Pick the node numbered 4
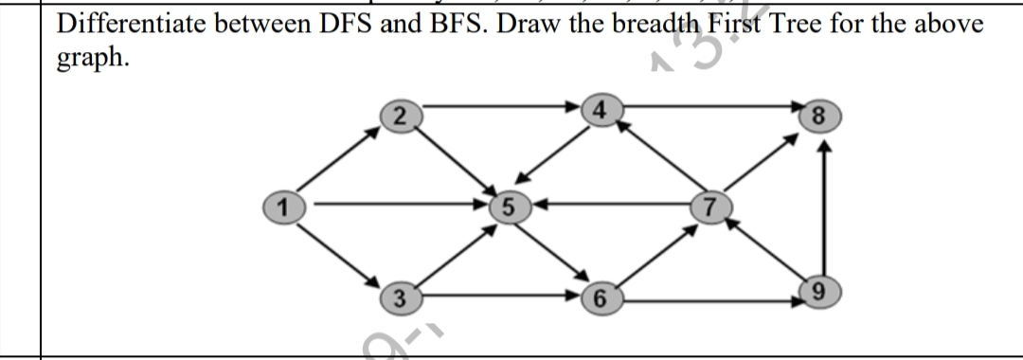pos(597,107)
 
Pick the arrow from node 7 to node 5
pos(606,203)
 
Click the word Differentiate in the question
pos(132,23)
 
